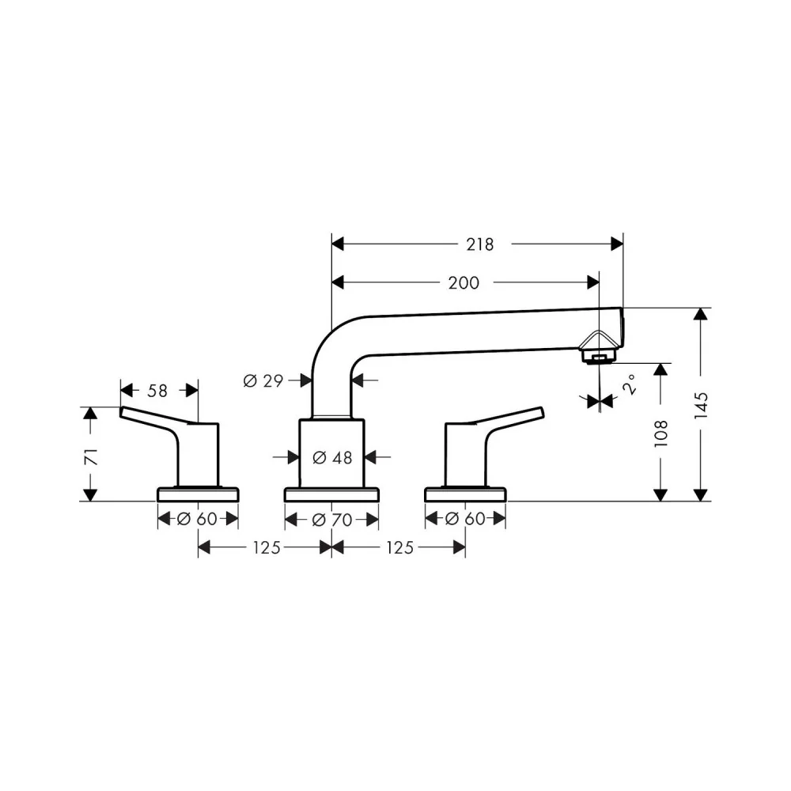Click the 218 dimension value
[x=480, y=244]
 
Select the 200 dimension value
[x=464, y=283]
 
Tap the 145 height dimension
[x=701, y=405]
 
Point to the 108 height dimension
[x=660, y=433]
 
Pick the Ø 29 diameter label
[x=263, y=381]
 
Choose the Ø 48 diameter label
[x=332, y=457]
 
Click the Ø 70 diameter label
[x=332, y=520]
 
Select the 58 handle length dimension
[x=157, y=391]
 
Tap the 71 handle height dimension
[x=91, y=456]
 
